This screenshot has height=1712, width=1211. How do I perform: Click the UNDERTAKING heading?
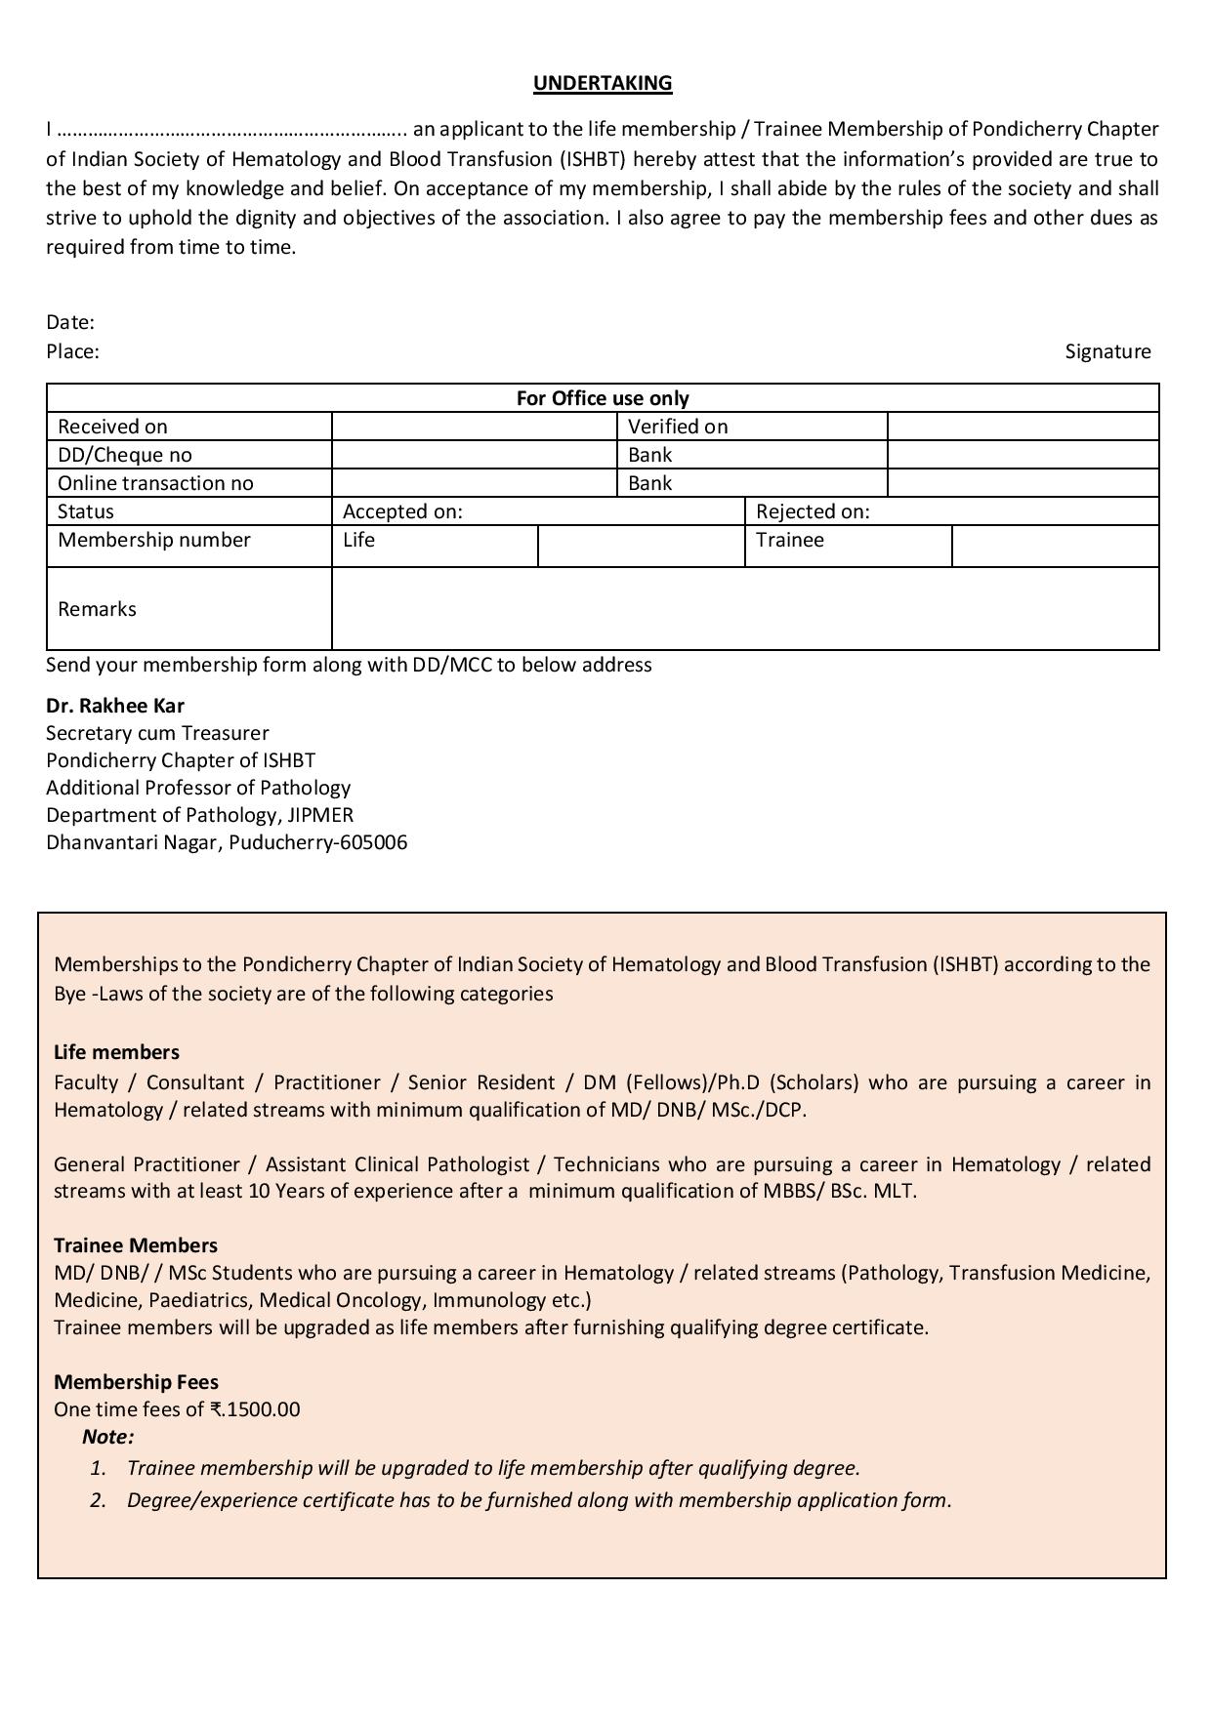pos(603,83)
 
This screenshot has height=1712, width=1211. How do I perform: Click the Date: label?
pos(70,322)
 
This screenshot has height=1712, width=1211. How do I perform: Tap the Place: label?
pos(72,351)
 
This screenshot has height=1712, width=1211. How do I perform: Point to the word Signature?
pos(1107,351)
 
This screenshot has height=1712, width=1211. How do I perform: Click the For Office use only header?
pos(603,398)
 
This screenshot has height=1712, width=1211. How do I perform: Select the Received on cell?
pos(112,427)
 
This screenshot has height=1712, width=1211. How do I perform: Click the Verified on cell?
pos(678,427)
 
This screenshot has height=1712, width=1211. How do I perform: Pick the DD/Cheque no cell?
pos(125,455)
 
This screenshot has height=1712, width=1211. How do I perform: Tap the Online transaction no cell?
pos(155,483)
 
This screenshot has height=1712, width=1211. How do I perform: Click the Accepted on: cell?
pos(402,511)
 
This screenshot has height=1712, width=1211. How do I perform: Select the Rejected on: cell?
pos(813,511)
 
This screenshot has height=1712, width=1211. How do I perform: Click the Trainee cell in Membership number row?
pos(790,540)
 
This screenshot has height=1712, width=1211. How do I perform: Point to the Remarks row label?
pos(97,609)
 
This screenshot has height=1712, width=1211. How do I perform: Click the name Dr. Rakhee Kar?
pos(115,706)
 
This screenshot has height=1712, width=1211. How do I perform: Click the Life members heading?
pos(116,1052)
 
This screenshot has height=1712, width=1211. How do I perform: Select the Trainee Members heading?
pos(136,1245)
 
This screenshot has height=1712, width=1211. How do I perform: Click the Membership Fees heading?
pos(136,1382)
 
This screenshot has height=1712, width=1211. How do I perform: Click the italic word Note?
pos(108,1437)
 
